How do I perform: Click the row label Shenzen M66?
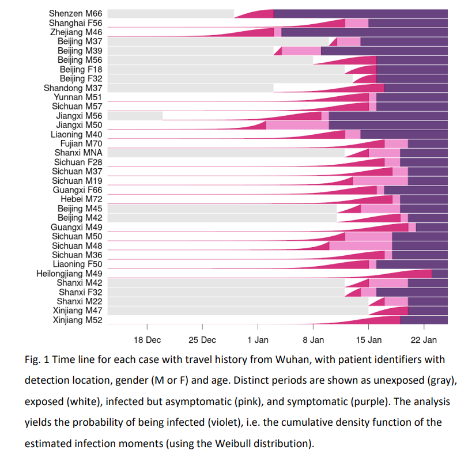[75, 13]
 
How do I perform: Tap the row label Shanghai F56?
[75, 23]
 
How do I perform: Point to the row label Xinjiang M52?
[77, 320]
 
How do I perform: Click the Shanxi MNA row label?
[78, 153]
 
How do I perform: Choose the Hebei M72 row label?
[81, 199]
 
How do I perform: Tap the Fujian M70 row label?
[81, 143]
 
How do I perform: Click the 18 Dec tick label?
[147, 340]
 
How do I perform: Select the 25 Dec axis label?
[202, 340]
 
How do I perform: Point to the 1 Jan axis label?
[258, 340]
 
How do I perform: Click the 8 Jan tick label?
[313, 340]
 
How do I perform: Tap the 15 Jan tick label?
[368, 340]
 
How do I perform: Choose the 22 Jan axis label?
[424, 340]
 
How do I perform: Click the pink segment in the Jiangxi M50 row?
[297, 125]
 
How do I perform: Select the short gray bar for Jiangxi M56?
[135, 116]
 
